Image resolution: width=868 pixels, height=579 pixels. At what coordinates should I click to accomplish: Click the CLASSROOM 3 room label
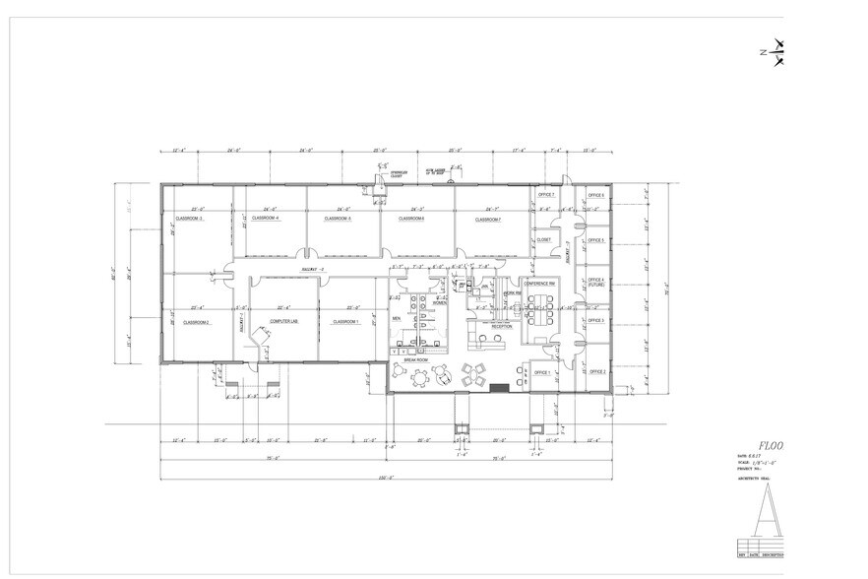click(188, 219)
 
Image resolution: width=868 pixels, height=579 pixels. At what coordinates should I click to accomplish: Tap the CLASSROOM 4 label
click(266, 218)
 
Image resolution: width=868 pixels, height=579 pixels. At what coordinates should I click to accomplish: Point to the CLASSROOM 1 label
click(345, 321)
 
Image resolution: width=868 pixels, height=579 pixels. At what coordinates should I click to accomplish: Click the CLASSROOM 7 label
click(485, 219)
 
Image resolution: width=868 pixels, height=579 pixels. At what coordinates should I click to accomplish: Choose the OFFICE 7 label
click(546, 196)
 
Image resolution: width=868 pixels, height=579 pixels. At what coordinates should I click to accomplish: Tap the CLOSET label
click(543, 239)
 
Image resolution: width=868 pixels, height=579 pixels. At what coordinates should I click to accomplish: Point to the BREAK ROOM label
click(416, 361)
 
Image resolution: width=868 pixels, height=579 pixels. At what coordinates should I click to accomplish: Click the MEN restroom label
click(396, 318)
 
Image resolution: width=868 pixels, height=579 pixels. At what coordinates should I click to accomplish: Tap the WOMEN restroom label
click(439, 302)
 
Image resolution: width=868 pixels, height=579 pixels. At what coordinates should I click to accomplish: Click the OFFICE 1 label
click(542, 372)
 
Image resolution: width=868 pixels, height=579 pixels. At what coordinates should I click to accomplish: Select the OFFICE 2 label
click(595, 371)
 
